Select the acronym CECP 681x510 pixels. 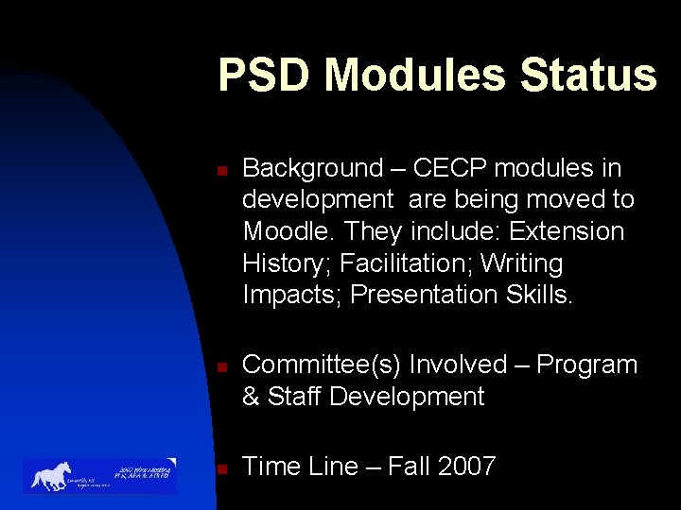pyautogui.click(x=450, y=169)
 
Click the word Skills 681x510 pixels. pyautogui.click(x=537, y=295)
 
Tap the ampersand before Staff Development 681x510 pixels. pyautogui.click(x=252, y=397)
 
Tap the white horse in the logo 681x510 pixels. pyautogui.click(x=52, y=475)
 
